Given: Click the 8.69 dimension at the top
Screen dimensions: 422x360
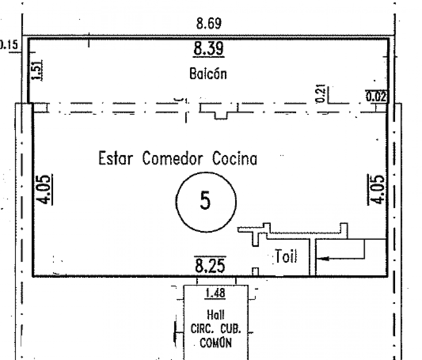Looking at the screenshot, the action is (x=209, y=23).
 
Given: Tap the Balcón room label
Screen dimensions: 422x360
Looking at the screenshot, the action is (x=208, y=74).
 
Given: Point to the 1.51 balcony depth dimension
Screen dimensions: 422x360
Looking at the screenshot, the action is (x=37, y=70).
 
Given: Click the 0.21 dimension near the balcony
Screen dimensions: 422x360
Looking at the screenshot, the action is (x=320, y=93).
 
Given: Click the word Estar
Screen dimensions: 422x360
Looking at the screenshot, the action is (x=116, y=158).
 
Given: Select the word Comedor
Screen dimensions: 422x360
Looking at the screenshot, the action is (x=172, y=158).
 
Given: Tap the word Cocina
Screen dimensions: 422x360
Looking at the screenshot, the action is (x=235, y=158).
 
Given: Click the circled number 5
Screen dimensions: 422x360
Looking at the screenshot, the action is (x=206, y=202).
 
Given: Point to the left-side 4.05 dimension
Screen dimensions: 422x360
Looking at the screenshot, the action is (x=44, y=189).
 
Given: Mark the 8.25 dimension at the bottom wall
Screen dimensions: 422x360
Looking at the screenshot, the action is (x=210, y=265).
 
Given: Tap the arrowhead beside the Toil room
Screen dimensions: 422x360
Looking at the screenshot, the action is (x=323, y=259).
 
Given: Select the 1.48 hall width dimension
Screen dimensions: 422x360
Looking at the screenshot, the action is (x=215, y=293).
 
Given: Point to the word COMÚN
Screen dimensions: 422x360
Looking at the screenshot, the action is (x=216, y=342).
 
